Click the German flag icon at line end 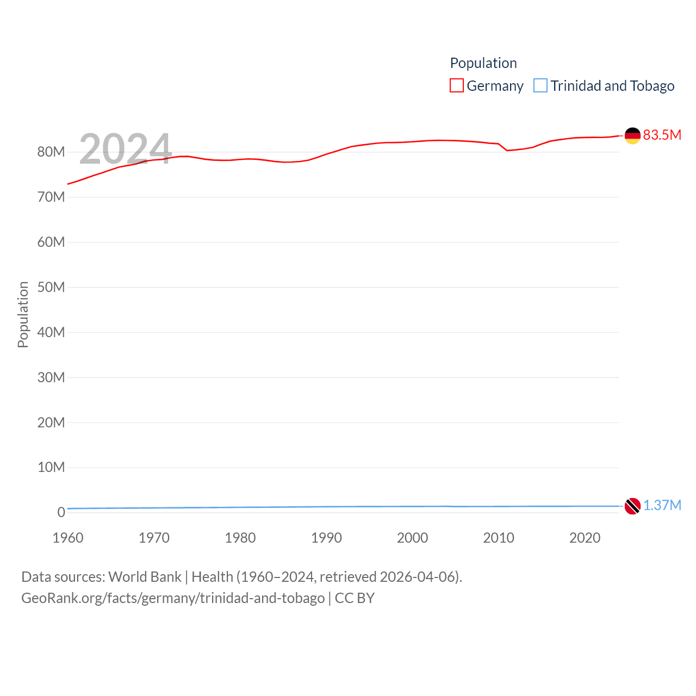(x=632, y=135)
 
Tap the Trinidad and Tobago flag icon (x=632, y=506)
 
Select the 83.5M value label (x=662, y=135)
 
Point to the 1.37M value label (x=662, y=505)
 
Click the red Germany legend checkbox (x=457, y=86)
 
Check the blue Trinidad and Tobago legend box (x=540, y=86)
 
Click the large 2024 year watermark (x=126, y=149)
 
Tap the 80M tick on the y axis (x=51, y=152)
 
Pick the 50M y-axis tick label (x=51, y=287)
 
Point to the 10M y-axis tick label (x=51, y=468)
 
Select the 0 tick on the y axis (x=61, y=512)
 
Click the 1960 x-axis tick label (x=68, y=538)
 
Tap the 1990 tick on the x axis (x=326, y=538)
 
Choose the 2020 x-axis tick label (x=585, y=538)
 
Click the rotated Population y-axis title (x=23, y=314)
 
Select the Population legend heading (x=483, y=63)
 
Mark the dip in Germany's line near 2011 (x=507, y=150)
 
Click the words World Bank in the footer (x=145, y=576)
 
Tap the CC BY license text (x=355, y=598)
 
